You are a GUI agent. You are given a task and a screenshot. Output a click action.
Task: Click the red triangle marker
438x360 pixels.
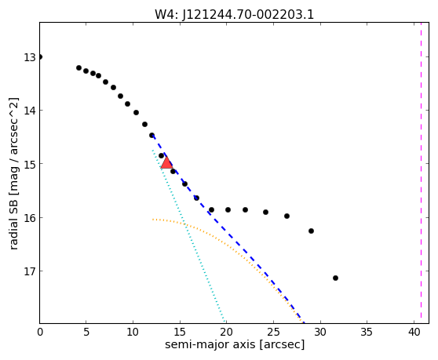click(166, 163)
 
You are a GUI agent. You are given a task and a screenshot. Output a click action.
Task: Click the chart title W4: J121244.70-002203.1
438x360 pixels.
click(235, 15)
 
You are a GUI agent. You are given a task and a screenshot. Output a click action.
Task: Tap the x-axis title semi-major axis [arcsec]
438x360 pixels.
click(235, 344)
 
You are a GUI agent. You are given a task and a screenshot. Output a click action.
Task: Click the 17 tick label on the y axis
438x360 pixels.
click(30, 271)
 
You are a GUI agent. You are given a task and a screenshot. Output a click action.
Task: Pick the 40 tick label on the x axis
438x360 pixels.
click(414, 332)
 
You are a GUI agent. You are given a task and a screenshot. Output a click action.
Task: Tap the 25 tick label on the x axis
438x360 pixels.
click(274, 332)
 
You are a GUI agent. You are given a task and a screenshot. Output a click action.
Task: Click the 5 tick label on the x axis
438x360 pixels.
click(86, 332)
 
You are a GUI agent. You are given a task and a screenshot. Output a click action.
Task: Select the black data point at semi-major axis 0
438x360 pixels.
click(40, 57)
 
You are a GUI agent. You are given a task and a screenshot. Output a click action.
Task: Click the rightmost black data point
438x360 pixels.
click(335, 278)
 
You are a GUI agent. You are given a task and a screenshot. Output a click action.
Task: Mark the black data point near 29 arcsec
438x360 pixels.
click(311, 231)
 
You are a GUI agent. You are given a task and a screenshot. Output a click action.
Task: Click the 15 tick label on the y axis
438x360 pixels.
click(30, 164)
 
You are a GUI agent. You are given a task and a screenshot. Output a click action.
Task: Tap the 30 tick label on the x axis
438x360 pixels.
click(320, 332)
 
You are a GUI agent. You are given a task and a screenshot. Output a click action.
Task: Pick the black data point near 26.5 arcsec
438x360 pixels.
click(287, 216)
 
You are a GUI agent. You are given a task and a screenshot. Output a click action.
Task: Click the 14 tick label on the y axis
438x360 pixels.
click(30, 111)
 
